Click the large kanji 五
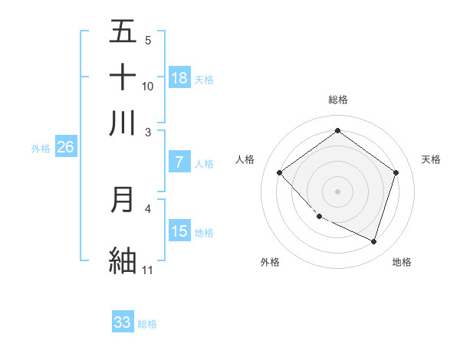(x=123, y=31)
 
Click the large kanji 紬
(x=123, y=260)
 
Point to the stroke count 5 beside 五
(x=147, y=41)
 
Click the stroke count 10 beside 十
(x=148, y=87)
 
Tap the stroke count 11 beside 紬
(x=147, y=270)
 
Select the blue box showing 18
(x=179, y=78)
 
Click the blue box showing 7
(x=179, y=162)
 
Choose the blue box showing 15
(x=179, y=231)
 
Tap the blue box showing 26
(x=65, y=148)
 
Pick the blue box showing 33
(x=123, y=322)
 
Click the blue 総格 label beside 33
(x=147, y=324)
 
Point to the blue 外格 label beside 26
(x=41, y=149)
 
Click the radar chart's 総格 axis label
(x=337, y=100)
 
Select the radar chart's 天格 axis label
(x=431, y=159)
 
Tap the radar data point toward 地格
(x=373, y=242)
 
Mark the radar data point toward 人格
(x=280, y=173)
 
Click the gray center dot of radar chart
(x=337, y=191)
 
